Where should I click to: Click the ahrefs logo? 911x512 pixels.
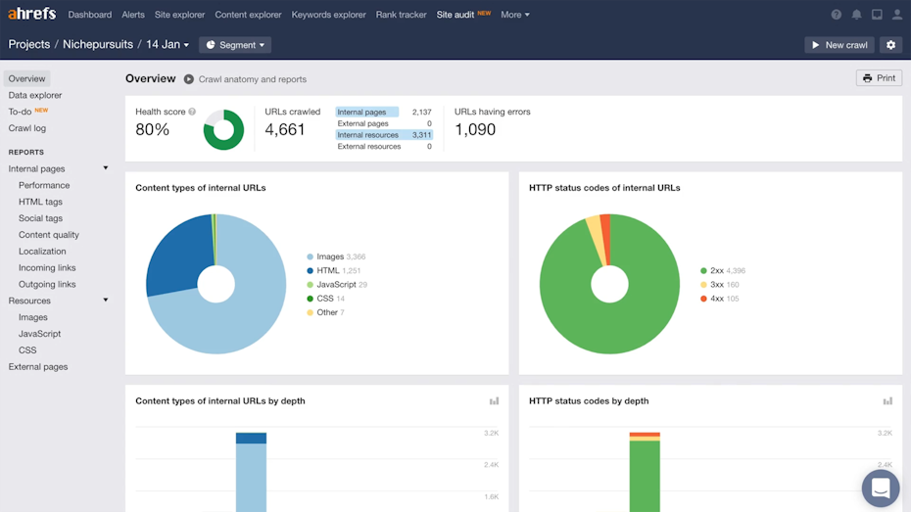click(32, 14)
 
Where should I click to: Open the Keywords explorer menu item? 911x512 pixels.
click(328, 15)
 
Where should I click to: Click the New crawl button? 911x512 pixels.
click(839, 45)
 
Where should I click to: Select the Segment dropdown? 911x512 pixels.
click(235, 45)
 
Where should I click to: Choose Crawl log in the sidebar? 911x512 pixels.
click(27, 128)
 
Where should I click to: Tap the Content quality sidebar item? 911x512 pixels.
click(49, 235)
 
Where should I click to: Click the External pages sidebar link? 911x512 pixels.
click(38, 367)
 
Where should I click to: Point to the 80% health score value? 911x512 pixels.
click(152, 130)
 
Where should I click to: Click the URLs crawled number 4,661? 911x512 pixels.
click(285, 130)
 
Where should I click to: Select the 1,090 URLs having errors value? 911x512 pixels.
click(475, 130)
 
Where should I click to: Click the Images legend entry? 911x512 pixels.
click(330, 256)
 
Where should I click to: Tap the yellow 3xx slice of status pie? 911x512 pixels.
click(595, 229)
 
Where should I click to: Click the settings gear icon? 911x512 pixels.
click(889, 45)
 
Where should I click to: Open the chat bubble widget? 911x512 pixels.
click(880, 489)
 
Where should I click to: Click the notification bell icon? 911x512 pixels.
click(856, 15)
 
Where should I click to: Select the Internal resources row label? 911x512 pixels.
click(367, 135)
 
